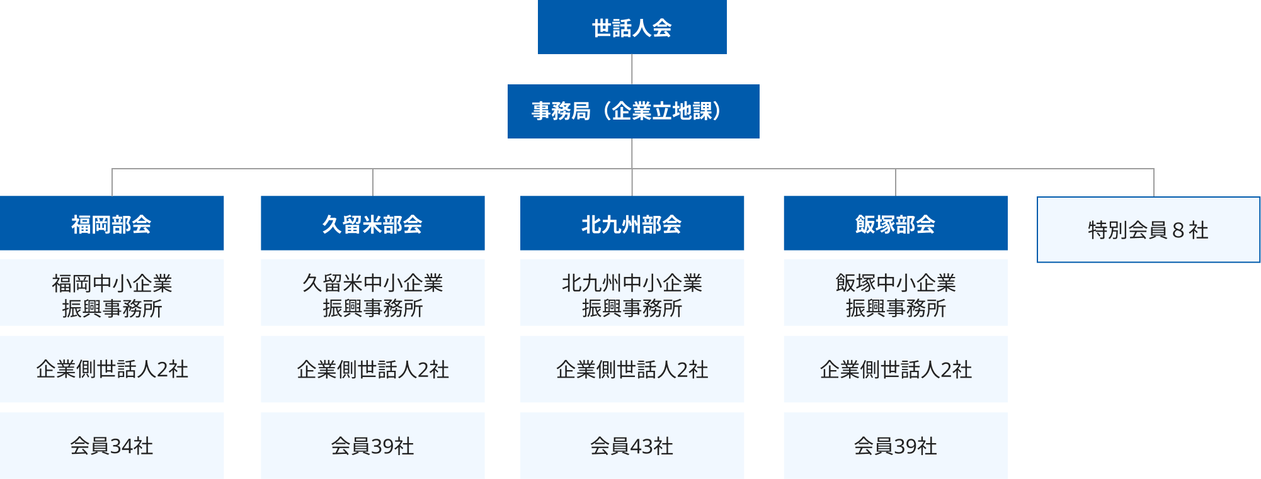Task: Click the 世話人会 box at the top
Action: tap(632, 27)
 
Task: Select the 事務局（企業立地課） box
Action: tap(633, 111)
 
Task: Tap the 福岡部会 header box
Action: tap(111, 223)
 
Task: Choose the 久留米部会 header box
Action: tap(373, 223)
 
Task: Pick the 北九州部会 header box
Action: tap(632, 223)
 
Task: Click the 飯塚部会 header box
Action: tap(896, 223)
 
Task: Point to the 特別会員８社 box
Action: tap(1148, 230)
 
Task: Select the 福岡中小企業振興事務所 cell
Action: tap(111, 293)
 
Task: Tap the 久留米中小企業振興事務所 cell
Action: tap(373, 293)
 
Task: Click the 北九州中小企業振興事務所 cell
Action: tap(632, 293)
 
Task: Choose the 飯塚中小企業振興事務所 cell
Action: tap(896, 293)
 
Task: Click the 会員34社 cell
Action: tap(111, 446)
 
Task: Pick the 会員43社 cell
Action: tap(632, 446)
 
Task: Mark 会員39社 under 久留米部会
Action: tap(373, 446)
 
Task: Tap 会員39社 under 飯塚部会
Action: tap(896, 446)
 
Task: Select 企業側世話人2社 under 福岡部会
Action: tap(111, 369)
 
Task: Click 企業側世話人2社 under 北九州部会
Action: tap(632, 369)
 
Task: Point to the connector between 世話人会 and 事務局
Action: tap(632, 69)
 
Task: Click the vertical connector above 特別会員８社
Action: tap(1154, 183)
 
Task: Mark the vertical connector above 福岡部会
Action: tap(112, 183)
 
